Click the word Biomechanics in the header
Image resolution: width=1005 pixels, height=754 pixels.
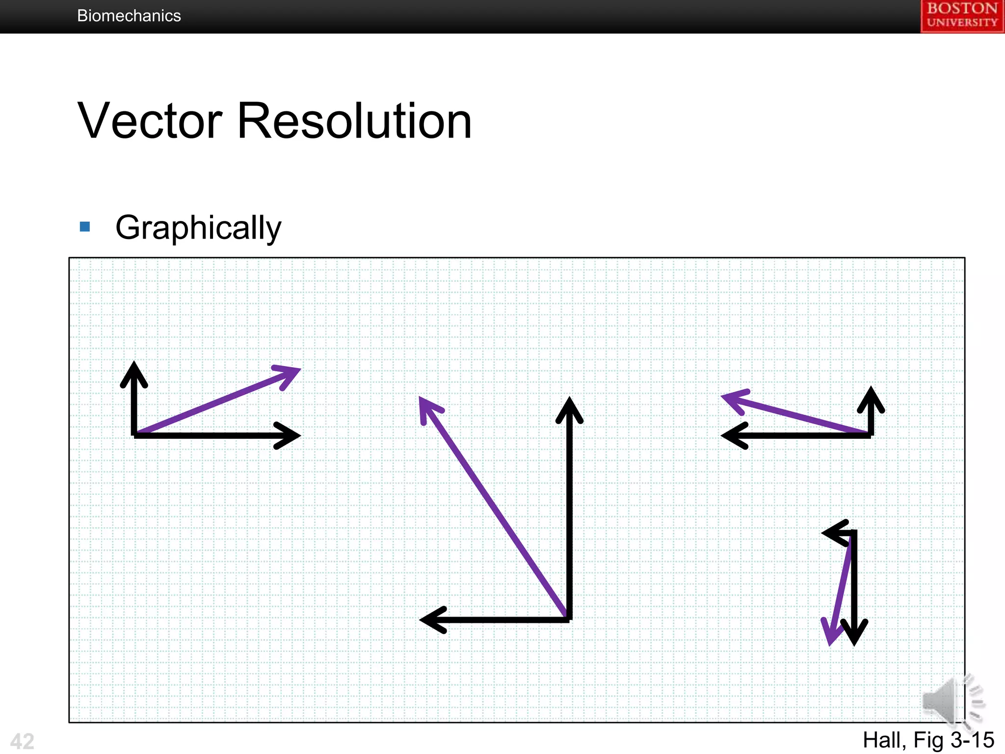[x=129, y=16]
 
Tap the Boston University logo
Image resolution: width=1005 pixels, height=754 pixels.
[x=962, y=16]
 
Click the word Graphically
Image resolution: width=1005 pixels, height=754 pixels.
[x=198, y=228]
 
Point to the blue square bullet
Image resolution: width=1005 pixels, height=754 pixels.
[x=85, y=227]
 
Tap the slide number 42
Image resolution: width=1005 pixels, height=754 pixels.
[x=22, y=741]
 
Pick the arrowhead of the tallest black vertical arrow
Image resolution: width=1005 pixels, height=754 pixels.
[x=569, y=400]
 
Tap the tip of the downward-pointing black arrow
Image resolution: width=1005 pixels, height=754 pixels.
[x=854, y=642]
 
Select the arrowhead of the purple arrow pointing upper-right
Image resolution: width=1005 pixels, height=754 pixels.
[x=298, y=369]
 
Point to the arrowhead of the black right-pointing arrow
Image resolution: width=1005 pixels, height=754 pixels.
[x=297, y=435]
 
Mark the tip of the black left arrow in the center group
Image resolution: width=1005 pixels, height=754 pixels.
[x=423, y=620]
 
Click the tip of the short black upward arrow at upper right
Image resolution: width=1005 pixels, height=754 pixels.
[x=871, y=390]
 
